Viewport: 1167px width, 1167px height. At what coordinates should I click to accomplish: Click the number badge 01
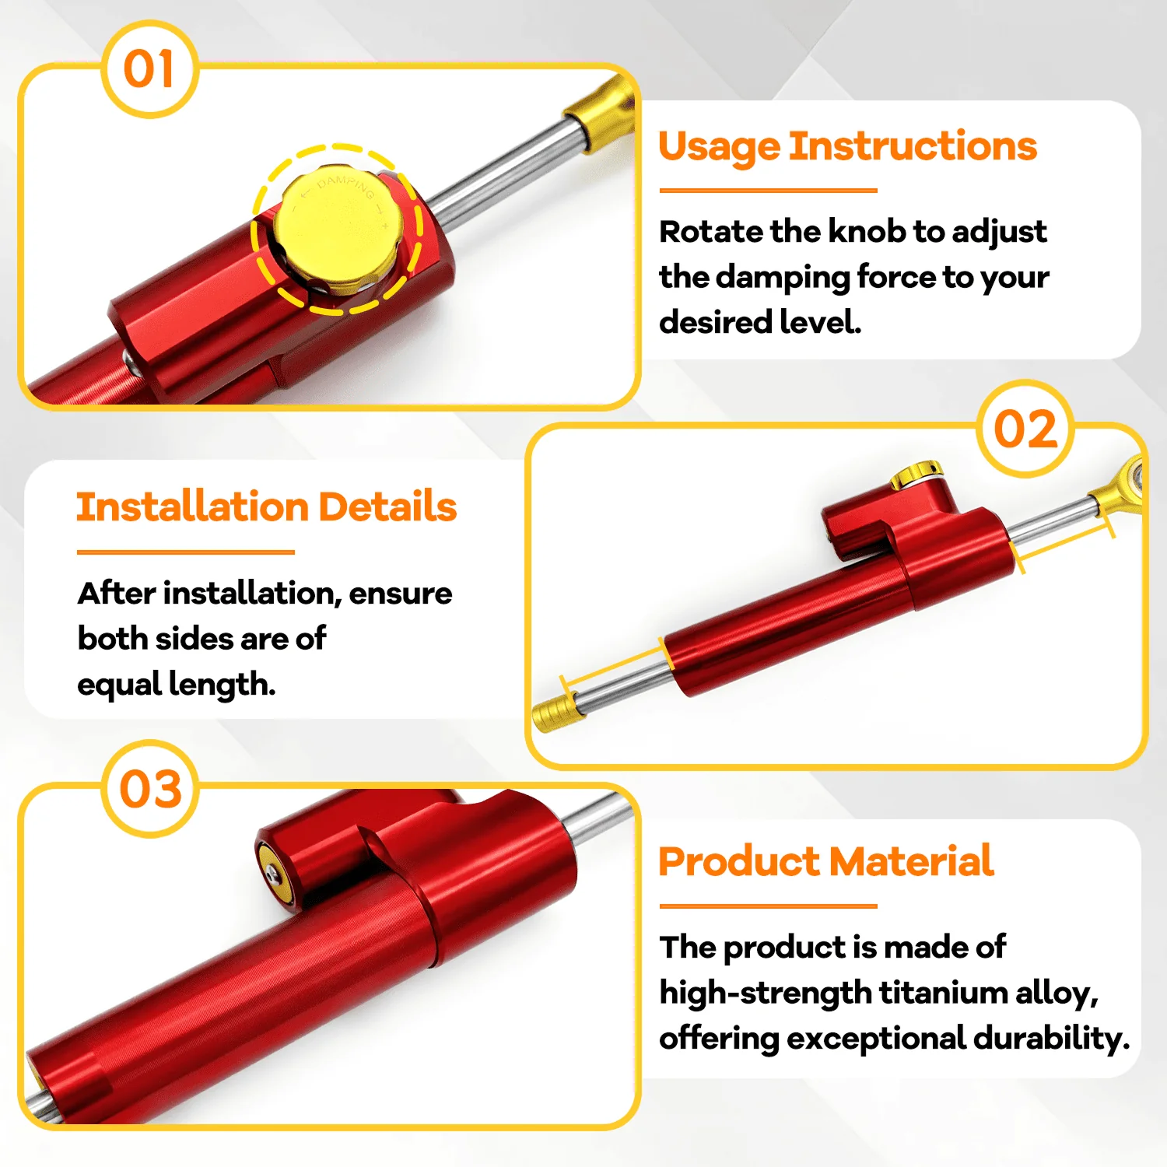[x=149, y=69]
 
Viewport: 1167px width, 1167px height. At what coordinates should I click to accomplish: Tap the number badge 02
[x=1025, y=429]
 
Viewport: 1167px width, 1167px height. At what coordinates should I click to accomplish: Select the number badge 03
[x=150, y=788]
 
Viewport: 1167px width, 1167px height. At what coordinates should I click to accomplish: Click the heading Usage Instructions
[x=847, y=147]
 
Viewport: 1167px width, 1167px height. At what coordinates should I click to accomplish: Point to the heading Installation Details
[x=266, y=506]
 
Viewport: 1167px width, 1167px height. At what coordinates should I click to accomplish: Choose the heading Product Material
[x=826, y=861]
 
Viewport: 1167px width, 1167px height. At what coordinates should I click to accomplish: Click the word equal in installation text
[x=119, y=685]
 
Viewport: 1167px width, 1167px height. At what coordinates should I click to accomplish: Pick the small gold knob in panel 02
[x=916, y=473]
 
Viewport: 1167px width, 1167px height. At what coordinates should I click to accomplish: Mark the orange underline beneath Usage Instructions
[x=769, y=190]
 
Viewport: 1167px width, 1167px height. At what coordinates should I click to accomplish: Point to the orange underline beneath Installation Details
[x=186, y=552]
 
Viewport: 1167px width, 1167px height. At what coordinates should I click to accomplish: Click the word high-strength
[x=766, y=994]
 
